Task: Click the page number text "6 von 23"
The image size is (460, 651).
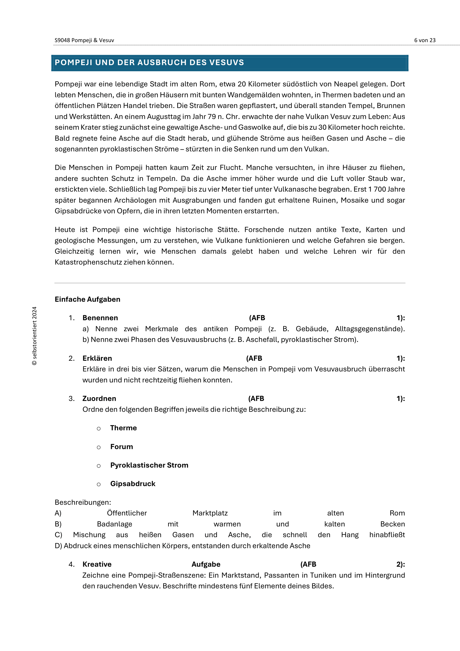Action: click(425, 40)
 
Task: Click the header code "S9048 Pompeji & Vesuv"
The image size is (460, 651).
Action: click(84, 40)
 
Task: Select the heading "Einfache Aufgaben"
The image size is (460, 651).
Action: click(87, 299)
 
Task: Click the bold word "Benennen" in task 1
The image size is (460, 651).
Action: click(100, 318)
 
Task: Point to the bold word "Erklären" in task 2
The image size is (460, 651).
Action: click(97, 358)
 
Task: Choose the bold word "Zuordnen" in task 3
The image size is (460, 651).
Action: click(99, 399)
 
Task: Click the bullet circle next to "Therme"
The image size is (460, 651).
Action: click(98, 428)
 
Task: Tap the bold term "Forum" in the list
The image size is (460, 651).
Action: click(122, 447)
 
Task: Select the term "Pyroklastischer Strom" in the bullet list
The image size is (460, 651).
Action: click(149, 465)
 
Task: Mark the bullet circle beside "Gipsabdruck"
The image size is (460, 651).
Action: click(98, 484)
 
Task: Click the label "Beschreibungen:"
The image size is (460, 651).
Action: click(83, 502)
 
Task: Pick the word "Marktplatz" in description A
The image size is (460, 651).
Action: click(210, 513)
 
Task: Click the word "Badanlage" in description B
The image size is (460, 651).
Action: click(114, 524)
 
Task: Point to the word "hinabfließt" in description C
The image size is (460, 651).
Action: click(387, 535)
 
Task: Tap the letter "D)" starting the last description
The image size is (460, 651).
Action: click(58, 546)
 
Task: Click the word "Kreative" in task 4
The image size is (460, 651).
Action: click(97, 564)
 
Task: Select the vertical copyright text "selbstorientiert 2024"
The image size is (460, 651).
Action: click(34, 336)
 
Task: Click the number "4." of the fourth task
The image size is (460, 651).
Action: click(71, 564)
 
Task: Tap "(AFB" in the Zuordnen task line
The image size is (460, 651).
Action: click(256, 399)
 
